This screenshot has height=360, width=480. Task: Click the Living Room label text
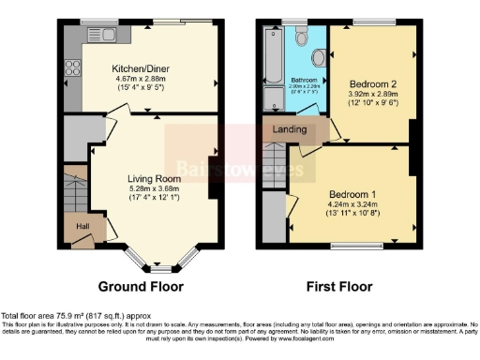(x=154, y=179)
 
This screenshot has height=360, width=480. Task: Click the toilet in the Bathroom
(x=301, y=37)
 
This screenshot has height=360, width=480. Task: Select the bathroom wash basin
(x=319, y=58)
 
